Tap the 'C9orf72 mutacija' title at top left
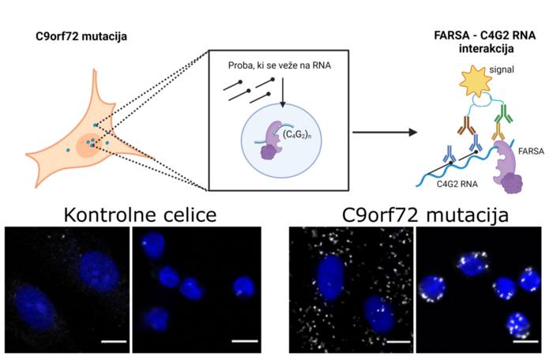[x=81, y=37]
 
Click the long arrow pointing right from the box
[x=384, y=132]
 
